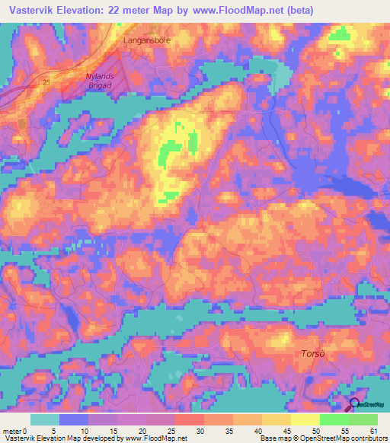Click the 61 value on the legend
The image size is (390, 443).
point(374,431)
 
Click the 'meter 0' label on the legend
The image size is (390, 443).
point(16,431)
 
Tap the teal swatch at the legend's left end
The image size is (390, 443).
point(44,419)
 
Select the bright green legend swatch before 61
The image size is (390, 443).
point(363,419)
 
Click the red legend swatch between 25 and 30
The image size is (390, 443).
point(189,419)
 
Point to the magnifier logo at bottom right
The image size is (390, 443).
point(355,405)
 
